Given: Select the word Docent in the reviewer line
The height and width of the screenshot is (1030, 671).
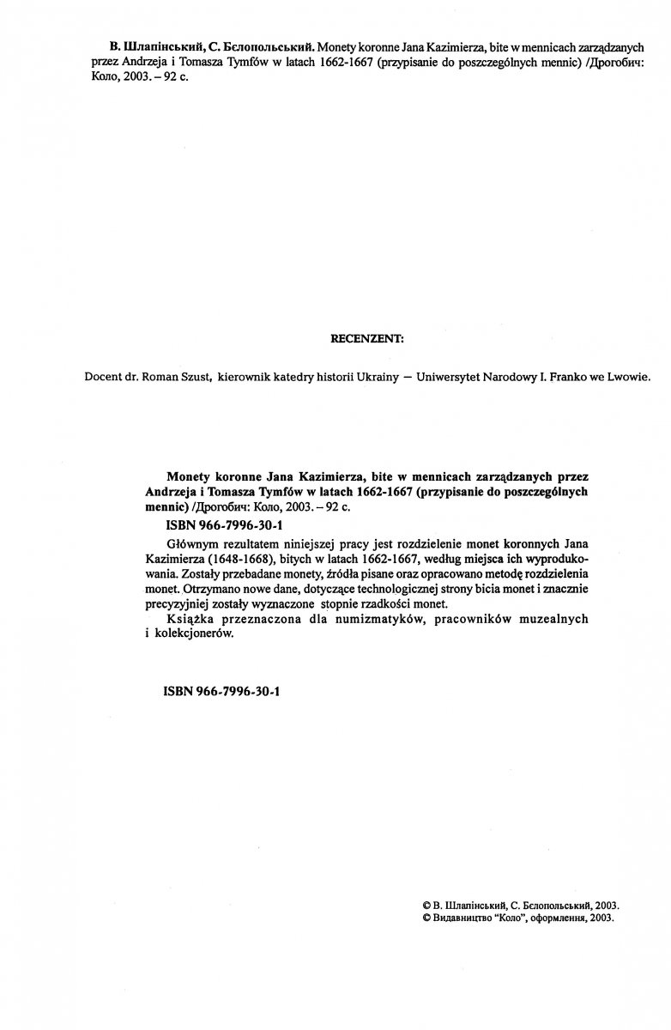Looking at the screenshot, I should [x=106, y=376].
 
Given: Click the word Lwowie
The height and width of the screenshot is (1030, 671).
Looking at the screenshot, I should [x=631, y=376].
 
